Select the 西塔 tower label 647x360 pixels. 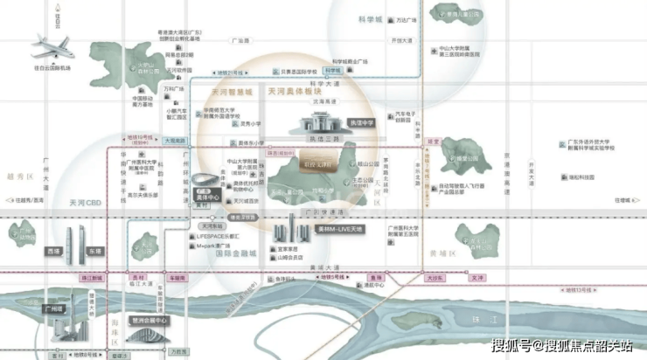click(x=54, y=251)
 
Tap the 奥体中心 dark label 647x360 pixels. click(x=201, y=197)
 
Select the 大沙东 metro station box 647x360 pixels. click(x=435, y=277)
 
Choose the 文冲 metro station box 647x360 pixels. click(x=476, y=277)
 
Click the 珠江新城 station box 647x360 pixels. click(x=92, y=277)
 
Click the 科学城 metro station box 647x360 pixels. click(x=333, y=70)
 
